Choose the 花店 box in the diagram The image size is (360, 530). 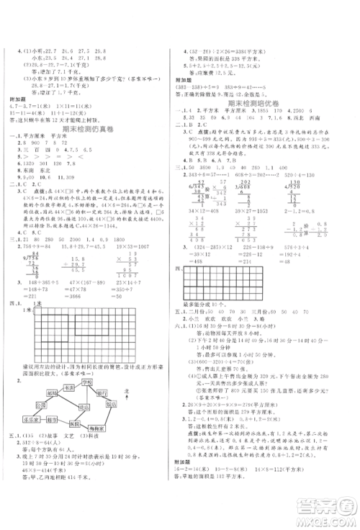84,407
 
